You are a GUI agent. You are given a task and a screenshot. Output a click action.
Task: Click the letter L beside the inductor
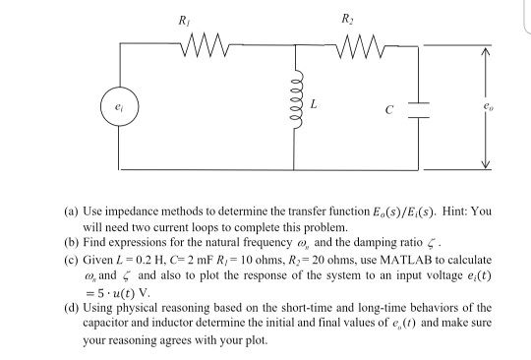tap(312, 103)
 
